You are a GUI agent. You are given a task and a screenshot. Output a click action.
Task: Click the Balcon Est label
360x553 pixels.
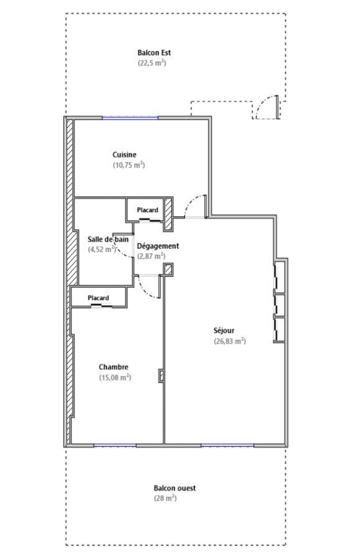(x=154, y=53)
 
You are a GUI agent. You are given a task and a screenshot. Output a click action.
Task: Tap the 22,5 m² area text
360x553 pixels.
(x=152, y=63)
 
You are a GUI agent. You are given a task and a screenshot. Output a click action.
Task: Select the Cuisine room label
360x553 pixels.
(x=124, y=155)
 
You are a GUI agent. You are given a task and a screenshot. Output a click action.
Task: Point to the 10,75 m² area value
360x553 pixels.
(x=128, y=165)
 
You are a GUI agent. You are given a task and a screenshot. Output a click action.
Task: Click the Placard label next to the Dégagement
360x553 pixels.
(x=147, y=210)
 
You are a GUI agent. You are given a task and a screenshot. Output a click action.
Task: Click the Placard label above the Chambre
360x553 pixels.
(x=98, y=298)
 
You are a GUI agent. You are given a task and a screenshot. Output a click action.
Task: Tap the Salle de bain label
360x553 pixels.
(x=108, y=239)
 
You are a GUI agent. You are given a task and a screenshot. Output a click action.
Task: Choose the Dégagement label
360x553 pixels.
(x=158, y=246)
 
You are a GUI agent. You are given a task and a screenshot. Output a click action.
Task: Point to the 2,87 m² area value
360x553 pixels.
(x=151, y=256)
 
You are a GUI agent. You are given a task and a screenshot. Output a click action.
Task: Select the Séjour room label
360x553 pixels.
(x=224, y=330)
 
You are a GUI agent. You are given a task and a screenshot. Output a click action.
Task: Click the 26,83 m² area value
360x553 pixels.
(x=230, y=341)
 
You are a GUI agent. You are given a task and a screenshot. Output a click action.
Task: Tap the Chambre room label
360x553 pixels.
(x=113, y=367)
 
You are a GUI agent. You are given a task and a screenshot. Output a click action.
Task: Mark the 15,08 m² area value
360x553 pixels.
(x=115, y=377)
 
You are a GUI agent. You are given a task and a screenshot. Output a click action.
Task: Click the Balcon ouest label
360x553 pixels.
(x=175, y=488)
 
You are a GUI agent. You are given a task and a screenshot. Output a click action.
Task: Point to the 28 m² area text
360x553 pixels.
(x=165, y=498)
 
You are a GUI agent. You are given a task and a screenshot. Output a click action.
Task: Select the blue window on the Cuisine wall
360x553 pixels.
(x=130, y=118)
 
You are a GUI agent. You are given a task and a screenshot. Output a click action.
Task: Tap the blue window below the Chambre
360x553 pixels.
(x=115, y=445)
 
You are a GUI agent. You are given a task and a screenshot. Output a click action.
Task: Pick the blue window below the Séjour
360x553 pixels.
(x=227, y=445)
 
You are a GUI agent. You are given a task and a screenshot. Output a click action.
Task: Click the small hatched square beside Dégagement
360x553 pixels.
(x=168, y=270)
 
